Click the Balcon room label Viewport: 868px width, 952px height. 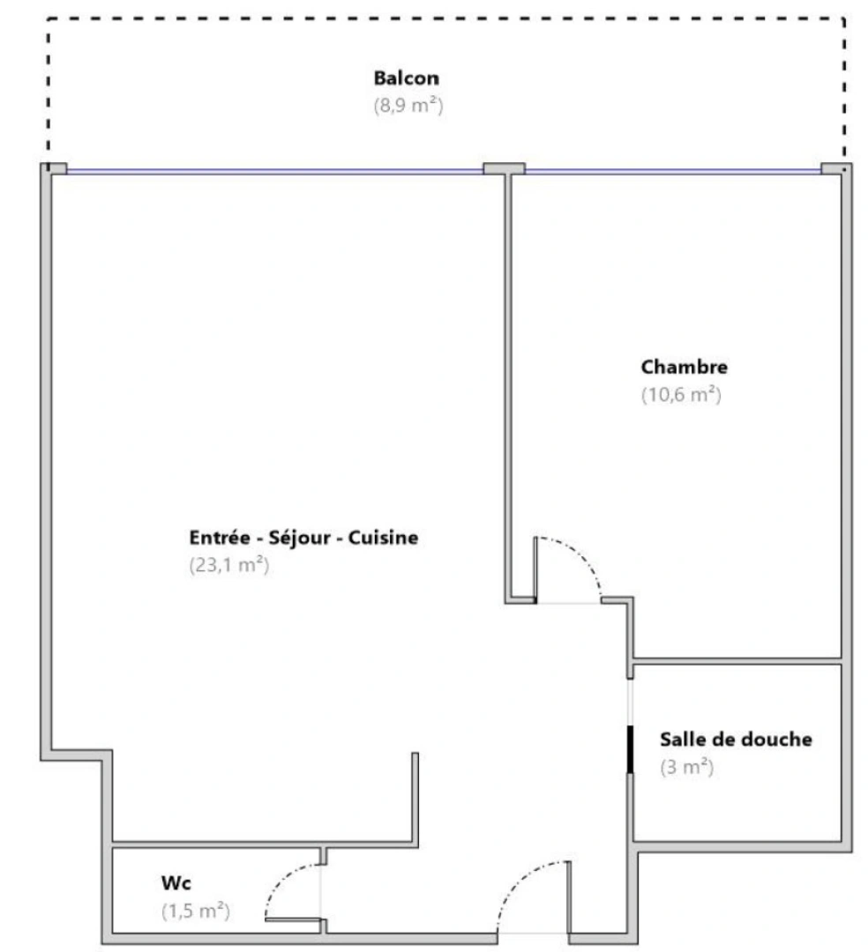(406, 78)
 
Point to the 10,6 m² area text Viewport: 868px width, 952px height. (681, 396)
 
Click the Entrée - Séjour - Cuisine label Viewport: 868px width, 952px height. (303, 538)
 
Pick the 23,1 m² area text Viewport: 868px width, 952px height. (229, 566)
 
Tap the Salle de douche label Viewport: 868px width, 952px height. (736, 740)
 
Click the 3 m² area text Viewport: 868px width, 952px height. (686, 768)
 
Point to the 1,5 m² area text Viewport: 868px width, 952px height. (196, 911)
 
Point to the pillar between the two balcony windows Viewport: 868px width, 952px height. (504, 168)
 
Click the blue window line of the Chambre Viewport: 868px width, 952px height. (672, 171)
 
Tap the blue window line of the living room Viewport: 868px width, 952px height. (273, 171)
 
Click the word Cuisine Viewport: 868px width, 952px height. (384, 538)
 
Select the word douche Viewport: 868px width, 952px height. (779, 740)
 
